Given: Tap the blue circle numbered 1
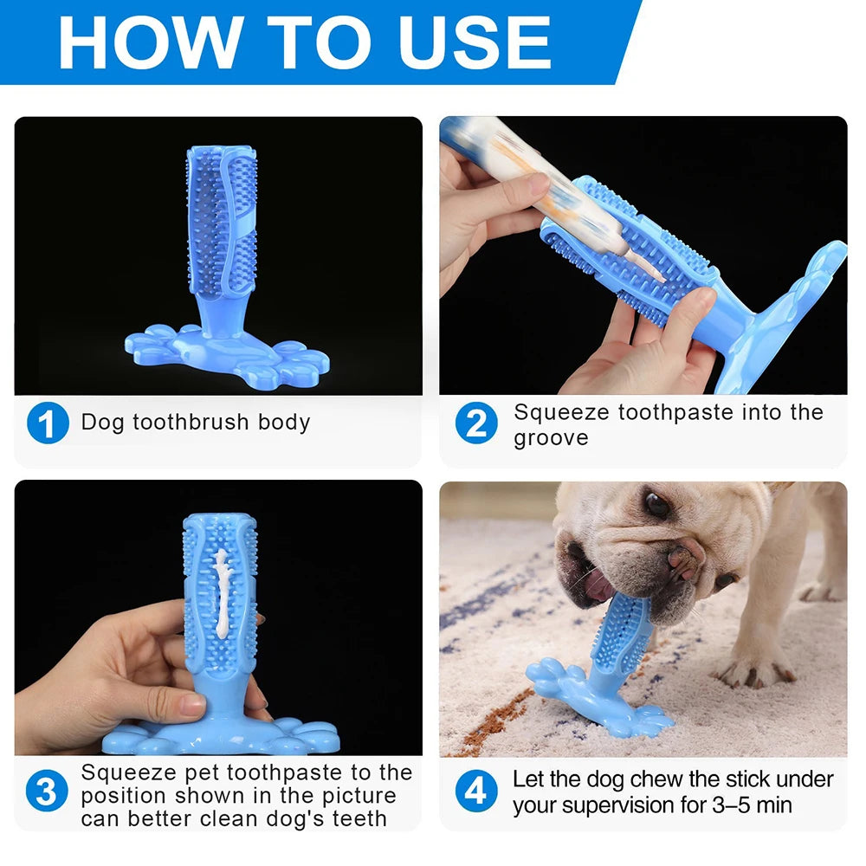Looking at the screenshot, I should pos(48,424).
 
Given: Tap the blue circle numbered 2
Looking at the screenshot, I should pos(476,424).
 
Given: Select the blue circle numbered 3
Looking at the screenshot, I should pos(48,793).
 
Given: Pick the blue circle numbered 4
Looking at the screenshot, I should pos(476,792).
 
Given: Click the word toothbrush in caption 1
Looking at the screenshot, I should pos(190,423).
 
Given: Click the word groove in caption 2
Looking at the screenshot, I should pos(551,437).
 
